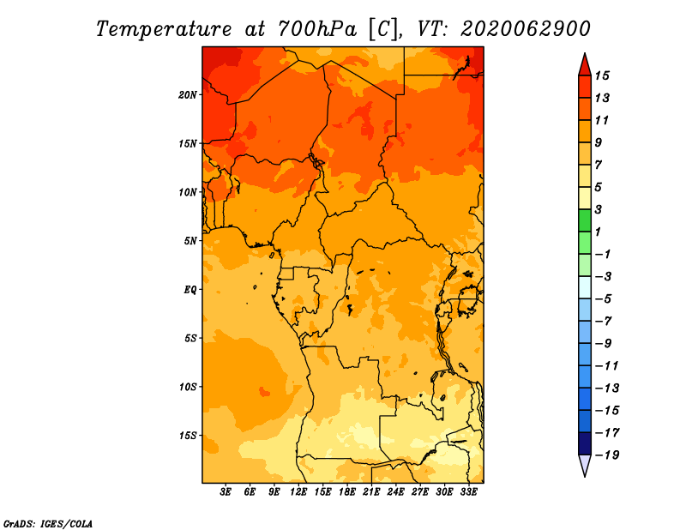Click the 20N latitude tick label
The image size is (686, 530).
click(188, 95)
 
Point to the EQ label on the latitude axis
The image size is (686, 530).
click(190, 290)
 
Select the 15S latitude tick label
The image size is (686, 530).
click(188, 436)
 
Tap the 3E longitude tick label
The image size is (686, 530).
click(226, 491)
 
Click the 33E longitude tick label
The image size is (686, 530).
click(468, 491)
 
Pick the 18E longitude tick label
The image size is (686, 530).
click(347, 491)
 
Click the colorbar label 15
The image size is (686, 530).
click(602, 75)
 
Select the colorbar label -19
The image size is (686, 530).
click(607, 455)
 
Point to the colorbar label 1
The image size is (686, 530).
click(598, 232)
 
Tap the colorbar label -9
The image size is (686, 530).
click(604, 344)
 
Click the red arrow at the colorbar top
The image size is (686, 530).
click(585, 64)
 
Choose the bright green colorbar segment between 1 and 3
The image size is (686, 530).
click(585, 220)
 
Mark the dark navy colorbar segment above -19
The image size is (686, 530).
click(585, 443)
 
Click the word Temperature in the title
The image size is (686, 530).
click(164, 29)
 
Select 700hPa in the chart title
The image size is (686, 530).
click(316, 29)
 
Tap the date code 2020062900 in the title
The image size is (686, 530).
click(526, 29)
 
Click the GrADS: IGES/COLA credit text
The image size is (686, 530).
click(48, 524)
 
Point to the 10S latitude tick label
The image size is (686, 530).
click(188, 387)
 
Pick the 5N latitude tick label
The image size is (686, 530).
click(190, 241)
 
